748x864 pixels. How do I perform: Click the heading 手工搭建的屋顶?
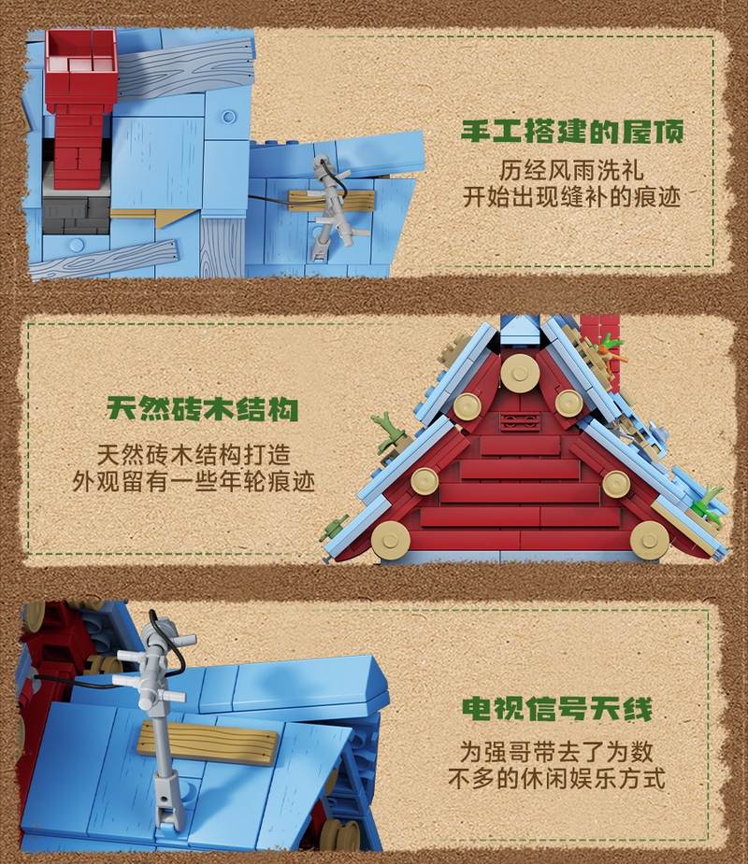click(572, 132)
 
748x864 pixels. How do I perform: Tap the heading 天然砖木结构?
click(203, 409)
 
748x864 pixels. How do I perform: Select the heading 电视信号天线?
click(557, 709)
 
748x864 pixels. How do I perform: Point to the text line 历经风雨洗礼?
click(571, 170)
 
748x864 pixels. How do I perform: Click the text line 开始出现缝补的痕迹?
click(571, 197)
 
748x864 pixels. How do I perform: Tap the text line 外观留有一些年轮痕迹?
click(194, 482)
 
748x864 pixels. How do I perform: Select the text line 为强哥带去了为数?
click(556, 752)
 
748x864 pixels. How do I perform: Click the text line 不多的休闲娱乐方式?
click(556, 779)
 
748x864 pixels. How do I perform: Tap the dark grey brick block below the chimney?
click(76, 214)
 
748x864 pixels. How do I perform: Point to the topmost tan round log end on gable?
click(520, 373)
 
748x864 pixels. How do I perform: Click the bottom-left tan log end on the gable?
click(391, 540)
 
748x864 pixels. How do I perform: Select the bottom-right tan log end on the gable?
click(649, 541)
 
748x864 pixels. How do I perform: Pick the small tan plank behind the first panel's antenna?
click(330, 201)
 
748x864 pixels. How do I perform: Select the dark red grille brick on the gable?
click(519, 421)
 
